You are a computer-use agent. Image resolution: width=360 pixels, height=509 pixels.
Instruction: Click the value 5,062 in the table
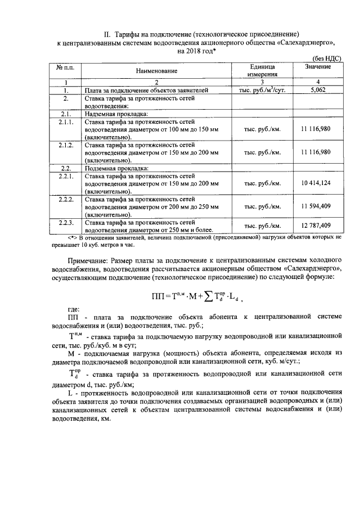pos(318,89)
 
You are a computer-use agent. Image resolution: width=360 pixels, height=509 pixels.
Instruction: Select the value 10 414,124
pos(316,184)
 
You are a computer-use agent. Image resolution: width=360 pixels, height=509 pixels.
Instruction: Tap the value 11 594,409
pos(316,207)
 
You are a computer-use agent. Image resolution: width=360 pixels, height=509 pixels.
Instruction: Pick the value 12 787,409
pos(316,226)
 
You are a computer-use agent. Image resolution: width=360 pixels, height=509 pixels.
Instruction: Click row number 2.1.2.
pos(66,145)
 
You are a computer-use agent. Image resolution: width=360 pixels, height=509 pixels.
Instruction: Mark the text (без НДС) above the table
pos(327,58)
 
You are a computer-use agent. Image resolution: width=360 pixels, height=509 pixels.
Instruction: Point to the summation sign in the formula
pos(212,297)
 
